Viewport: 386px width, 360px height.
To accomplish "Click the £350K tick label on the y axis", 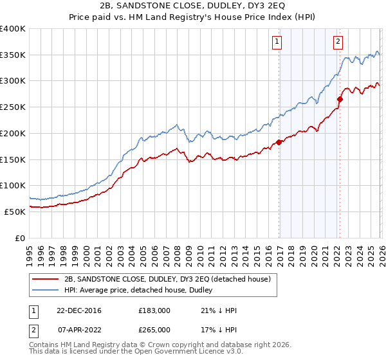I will tap(13, 55).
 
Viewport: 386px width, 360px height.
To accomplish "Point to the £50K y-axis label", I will tap(15, 212).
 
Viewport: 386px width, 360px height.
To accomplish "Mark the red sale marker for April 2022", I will tap(340, 100).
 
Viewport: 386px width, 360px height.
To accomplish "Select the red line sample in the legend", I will tap(45, 279).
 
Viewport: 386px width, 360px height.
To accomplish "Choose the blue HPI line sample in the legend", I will tap(45, 290).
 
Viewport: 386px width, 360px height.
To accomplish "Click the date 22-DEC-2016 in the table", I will tap(78, 310).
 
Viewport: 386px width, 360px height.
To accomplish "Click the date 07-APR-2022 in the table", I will tap(78, 329).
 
